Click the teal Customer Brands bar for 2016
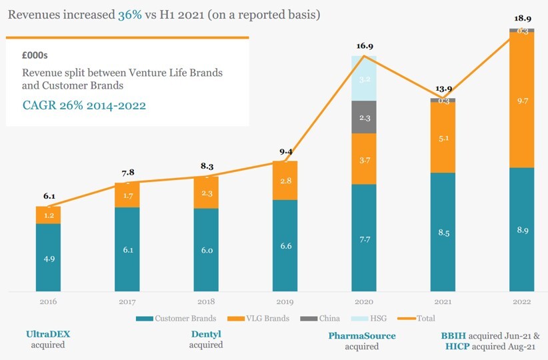(x=48, y=257)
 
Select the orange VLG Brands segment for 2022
(x=521, y=100)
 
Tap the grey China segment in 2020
(x=363, y=117)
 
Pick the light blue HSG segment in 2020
(x=363, y=78)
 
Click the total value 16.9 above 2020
(x=363, y=47)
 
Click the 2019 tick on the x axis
(x=285, y=302)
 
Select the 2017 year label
(x=127, y=302)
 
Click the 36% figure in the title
(x=129, y=14)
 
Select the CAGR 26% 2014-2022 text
(x=84, y=105)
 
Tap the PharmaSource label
(x=362, y=335)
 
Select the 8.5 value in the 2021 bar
(x=442, y=233)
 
